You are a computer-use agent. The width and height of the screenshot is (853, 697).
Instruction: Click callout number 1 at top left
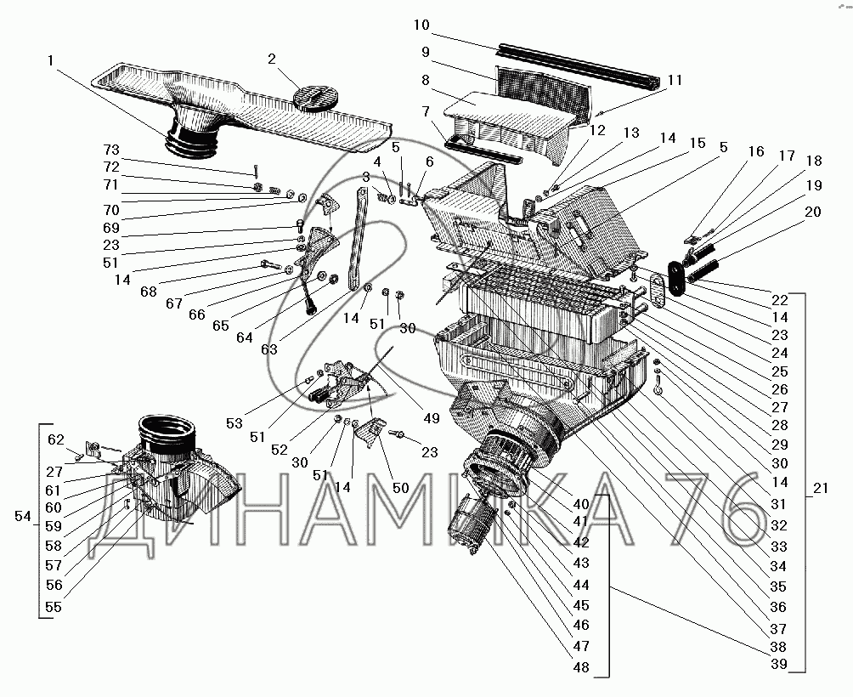tap(52, 60)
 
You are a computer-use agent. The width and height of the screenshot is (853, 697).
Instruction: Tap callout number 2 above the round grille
tap(272, 59)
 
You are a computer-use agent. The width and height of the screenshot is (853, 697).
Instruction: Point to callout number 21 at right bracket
tap(821, 489)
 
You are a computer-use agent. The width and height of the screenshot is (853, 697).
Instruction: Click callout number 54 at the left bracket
tap(25, 516)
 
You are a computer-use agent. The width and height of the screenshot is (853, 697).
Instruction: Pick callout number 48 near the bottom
tap(581, 667)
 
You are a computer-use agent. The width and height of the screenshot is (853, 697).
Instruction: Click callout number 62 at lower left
tap(56, 439)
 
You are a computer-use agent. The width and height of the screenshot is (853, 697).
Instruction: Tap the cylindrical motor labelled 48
tap(469, 524)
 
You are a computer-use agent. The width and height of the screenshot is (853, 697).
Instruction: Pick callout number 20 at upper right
tap(813, 212)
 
